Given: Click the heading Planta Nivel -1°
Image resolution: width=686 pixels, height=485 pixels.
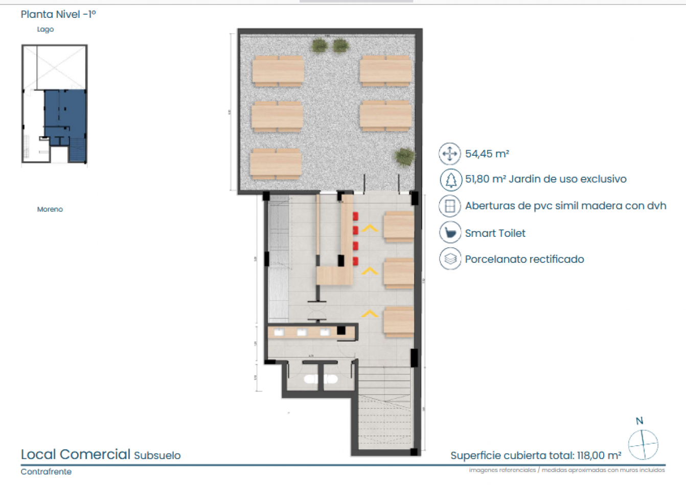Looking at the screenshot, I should pos(58,14).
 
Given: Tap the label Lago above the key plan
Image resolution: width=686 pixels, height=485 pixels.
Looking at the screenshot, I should pos(45,30).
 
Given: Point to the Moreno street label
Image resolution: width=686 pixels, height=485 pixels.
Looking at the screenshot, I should pos(50,209).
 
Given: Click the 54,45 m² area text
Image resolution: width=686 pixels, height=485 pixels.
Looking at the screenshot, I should pos(487,154).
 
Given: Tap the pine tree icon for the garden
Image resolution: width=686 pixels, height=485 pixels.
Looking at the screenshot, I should pos(450,179).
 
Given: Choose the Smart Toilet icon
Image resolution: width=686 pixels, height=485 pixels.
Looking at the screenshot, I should pos(450,233).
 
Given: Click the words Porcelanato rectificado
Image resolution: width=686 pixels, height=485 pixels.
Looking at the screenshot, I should pos(524,259).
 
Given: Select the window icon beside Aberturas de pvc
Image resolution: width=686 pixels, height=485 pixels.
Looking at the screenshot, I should pos(450,206).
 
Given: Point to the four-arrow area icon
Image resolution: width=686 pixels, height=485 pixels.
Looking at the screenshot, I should pos(450,154).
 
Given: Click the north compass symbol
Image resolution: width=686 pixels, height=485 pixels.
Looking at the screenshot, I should pos(643,444).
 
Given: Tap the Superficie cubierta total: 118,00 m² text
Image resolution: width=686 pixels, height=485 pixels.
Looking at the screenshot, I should pos(535,455).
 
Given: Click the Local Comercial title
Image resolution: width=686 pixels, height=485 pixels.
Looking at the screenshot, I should pos(76,454).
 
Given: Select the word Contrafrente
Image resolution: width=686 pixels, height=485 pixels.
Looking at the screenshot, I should pos(46,472).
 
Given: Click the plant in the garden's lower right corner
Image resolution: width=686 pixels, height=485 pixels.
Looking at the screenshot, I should pos(405,157).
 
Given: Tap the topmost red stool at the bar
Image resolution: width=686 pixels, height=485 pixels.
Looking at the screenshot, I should pos(355,215).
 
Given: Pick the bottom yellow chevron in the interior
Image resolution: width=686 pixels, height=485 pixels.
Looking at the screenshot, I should pos(370,313).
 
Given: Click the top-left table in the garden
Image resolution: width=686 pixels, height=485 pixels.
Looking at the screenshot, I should pos(278,71).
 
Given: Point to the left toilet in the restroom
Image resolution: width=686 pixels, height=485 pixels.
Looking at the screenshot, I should pos(310,379).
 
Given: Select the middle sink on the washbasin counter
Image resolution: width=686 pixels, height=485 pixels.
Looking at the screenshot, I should pos(302,332).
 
